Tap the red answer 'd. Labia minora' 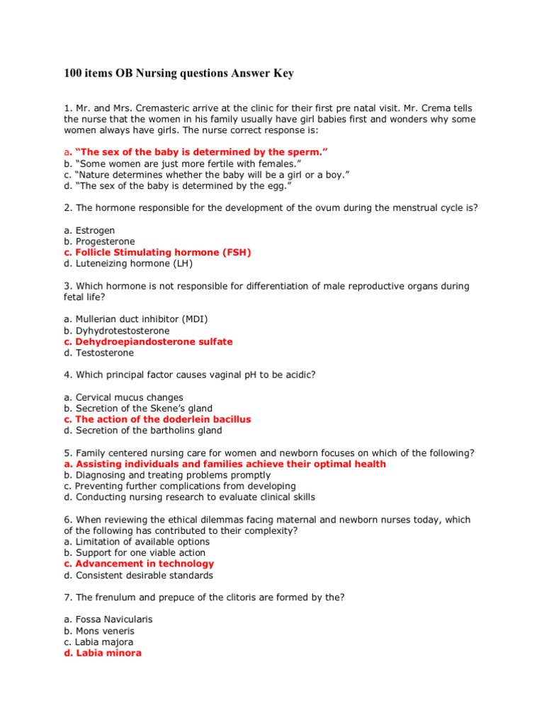point(103,653)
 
